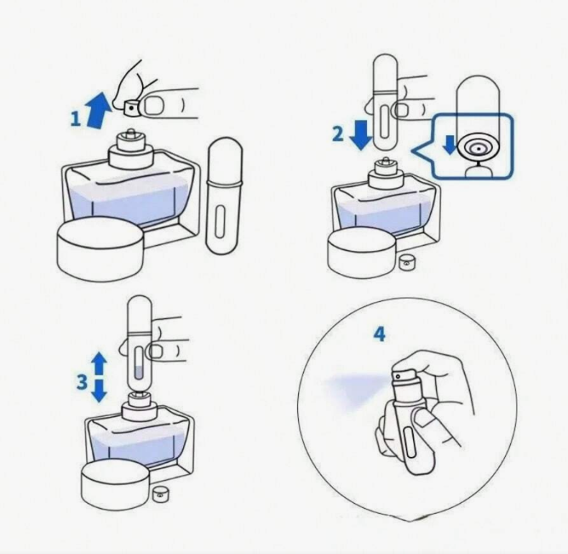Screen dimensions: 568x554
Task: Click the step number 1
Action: point(75,119)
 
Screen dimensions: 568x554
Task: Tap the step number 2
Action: point(337,134)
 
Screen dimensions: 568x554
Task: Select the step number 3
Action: point(83,381)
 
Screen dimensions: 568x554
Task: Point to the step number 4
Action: point(379,334)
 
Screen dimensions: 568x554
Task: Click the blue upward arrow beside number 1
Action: point(98,111)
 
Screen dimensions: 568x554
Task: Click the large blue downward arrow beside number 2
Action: point(361,135)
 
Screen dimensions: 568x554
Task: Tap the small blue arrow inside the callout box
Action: point(450,145)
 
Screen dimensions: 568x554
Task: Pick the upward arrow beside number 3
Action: point(99,364)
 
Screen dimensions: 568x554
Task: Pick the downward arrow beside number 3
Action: point(99,391)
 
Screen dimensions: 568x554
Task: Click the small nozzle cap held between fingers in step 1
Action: point(132,108)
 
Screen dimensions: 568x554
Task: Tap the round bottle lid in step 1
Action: point(100,248)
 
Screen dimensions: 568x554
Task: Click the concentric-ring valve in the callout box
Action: point(478,147)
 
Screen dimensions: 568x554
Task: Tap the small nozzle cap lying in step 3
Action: point(159,494)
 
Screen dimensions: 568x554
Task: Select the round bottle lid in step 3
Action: point(116,484)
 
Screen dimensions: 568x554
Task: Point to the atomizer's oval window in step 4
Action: point(410,443)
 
